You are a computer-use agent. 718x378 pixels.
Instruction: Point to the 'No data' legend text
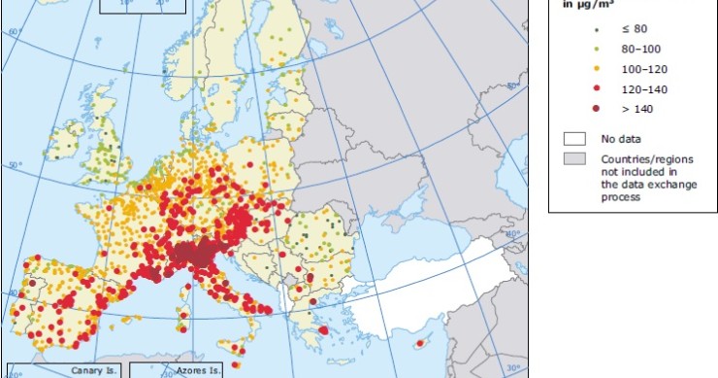pyautogui.click(x=621, y=139)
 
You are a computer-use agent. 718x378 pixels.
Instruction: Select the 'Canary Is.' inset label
pyautogui.click(x=92, y=370)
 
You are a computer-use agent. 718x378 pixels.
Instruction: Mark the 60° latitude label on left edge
pyautogui.click(x=13, y=33)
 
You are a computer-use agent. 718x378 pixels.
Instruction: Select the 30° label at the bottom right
pyautogui.click(x=512, y=368)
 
